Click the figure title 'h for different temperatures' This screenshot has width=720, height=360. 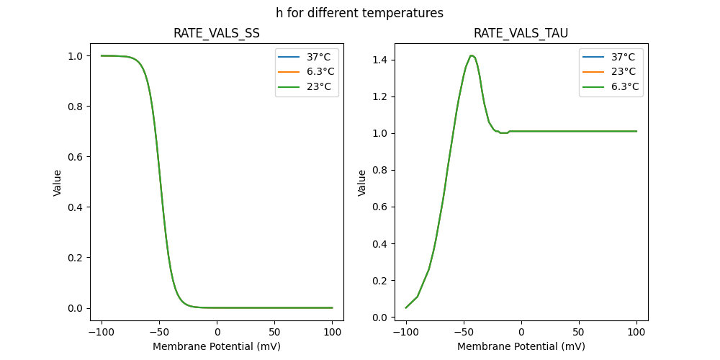359,13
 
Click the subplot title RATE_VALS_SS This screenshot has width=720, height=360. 216,34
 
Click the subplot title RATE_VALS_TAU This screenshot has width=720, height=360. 521,34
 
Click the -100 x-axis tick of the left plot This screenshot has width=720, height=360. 101,332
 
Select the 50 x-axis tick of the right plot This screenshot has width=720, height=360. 579,332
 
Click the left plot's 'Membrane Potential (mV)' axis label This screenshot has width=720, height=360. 216,346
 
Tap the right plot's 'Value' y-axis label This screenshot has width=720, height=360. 362,182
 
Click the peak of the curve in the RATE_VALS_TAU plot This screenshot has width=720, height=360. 471,55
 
